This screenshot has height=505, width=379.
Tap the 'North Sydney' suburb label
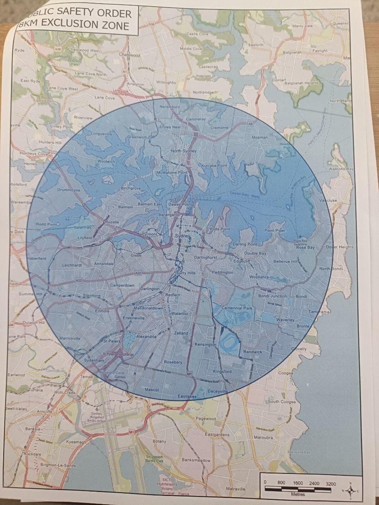point(184,151)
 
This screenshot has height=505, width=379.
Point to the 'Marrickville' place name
point(70,339)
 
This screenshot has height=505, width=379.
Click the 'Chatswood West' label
point(84,50)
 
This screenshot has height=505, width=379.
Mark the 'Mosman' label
point(259,138)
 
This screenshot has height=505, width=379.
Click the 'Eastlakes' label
point(187,396)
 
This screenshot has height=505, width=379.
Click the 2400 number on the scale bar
point(314,483)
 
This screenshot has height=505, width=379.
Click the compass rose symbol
point(350,490)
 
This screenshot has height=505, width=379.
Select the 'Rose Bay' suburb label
point(306,248)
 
